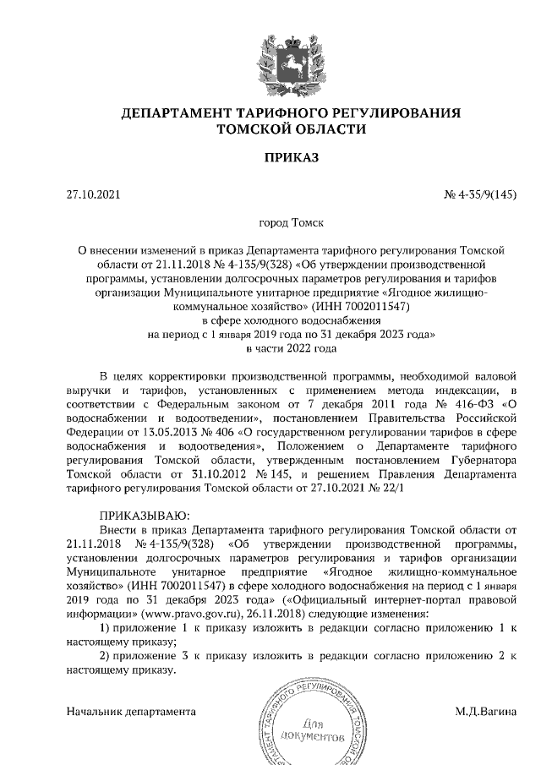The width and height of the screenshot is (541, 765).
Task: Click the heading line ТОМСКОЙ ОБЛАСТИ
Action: tap(292, 129)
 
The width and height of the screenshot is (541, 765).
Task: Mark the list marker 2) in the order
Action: tap(106, 657)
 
